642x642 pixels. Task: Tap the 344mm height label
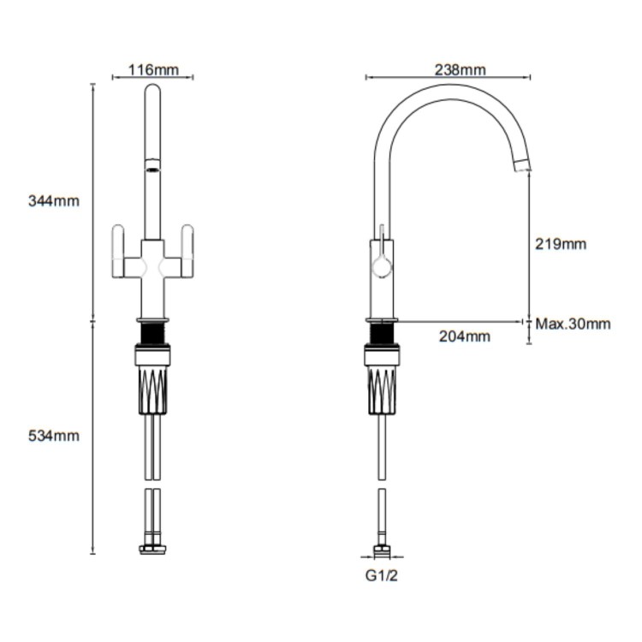pos(53,201)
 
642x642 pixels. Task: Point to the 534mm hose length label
pos(53,436)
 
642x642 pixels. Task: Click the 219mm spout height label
pos(561,244)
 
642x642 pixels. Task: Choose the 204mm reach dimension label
pos(465,336)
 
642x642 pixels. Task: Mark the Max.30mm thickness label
pos(573,324)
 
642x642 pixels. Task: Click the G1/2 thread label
pos(381,575)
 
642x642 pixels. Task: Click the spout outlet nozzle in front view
pos(153,166)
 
